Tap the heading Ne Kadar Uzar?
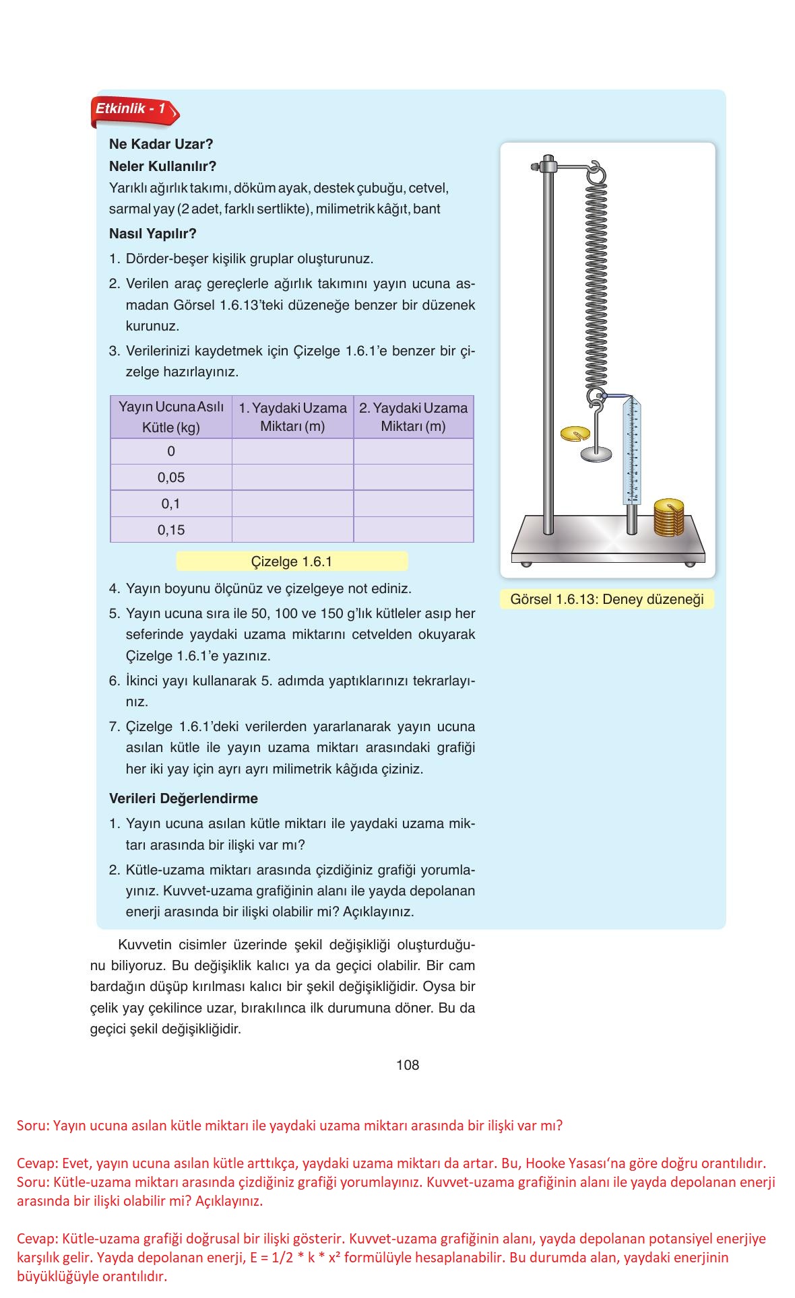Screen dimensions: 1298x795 point(161,144)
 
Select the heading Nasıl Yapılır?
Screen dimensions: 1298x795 point(152,234)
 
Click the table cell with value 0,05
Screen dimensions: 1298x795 point(171,477)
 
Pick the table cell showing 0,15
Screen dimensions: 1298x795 point(171,530)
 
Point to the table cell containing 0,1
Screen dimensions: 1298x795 point(171,504)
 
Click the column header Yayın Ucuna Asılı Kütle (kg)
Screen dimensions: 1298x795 point(171,417)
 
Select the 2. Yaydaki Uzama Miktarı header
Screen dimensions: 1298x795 point(413,417)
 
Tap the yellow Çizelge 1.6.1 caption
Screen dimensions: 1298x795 point(292,561)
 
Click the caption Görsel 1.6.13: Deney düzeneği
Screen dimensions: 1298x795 point(606,599)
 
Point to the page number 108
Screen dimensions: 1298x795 point(408,1064)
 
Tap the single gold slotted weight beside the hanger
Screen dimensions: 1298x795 point(574,433)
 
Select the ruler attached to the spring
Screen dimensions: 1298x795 point(633,451)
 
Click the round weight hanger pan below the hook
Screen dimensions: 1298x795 point(596,455)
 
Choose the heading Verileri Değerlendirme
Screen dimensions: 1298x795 point(183,798)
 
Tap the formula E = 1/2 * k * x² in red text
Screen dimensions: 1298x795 point(437,1258)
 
